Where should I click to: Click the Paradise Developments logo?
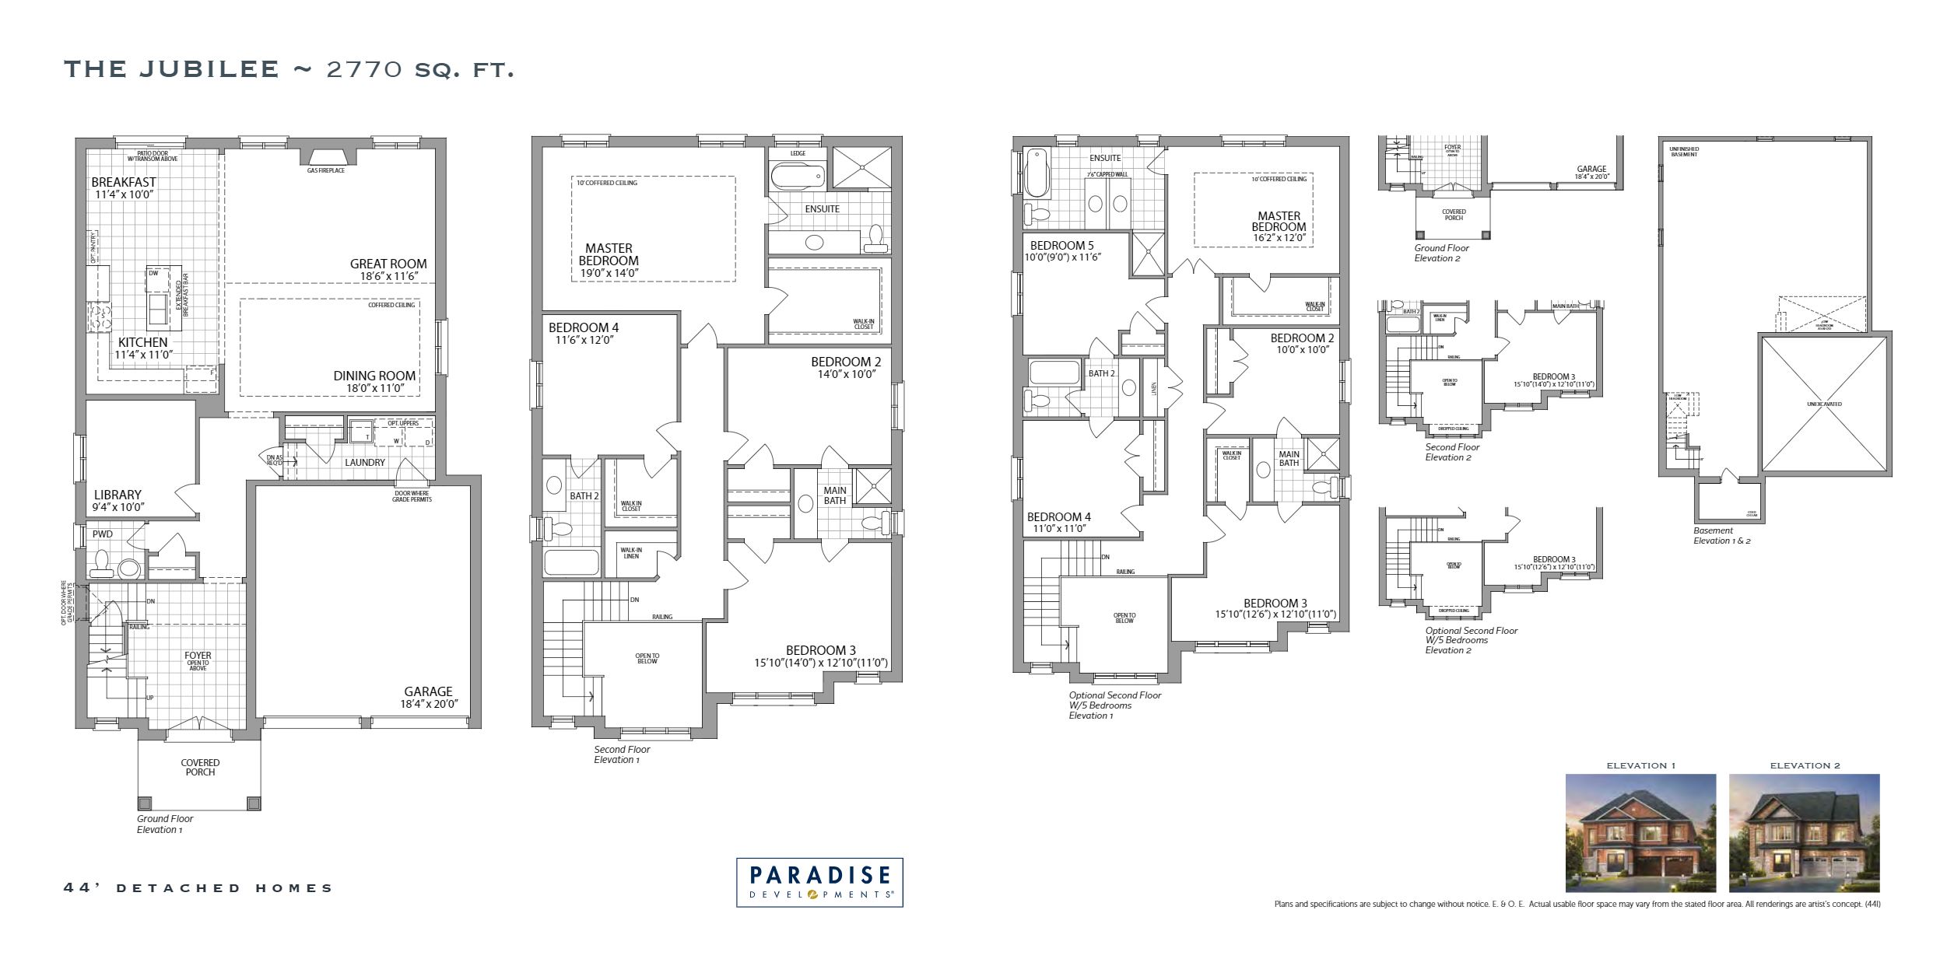click(819, 882)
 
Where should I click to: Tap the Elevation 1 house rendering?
click(1640, 833)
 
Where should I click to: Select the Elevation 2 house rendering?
click(1804, 833)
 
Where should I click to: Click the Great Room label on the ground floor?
click(388, 264)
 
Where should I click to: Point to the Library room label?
click(118, 495)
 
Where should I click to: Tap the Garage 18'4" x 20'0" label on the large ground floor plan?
click(428, 691)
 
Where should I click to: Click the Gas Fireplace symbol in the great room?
click(325, 157)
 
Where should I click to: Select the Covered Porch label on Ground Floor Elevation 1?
click(200, 768)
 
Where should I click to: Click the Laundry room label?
click(365, 463)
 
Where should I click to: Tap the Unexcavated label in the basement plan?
click(1824, 404)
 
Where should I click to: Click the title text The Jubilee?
click(171, 69)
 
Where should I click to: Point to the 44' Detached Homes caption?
click(198, 887)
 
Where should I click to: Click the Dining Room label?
click(374, 376)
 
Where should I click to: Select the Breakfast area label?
click(124, 183)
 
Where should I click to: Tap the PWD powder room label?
click(102, 534)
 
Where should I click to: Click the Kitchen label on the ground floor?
click(142, 342)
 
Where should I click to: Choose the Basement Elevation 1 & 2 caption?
click(1722, 536)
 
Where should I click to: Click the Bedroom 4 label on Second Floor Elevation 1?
click(584, 328)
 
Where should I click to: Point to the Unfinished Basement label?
click(1684, 152)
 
